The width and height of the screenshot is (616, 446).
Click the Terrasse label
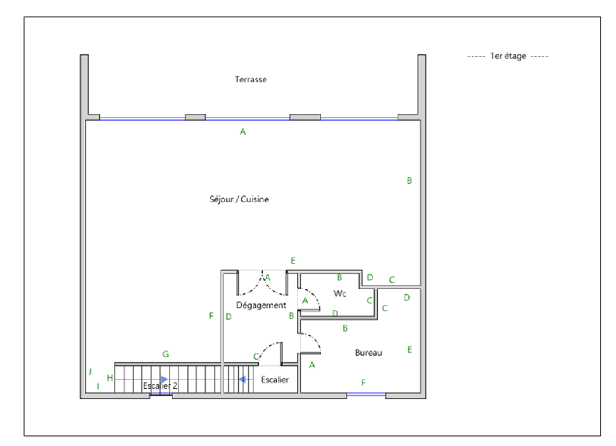251,79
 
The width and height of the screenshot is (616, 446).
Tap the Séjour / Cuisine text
239,199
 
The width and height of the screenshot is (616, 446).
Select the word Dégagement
261,305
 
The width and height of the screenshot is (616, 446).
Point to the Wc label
340,293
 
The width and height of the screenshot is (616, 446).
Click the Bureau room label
368,353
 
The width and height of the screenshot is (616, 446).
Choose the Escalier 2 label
160,385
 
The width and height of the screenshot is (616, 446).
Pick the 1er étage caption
508,56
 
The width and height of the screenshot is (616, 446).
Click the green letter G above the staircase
166,354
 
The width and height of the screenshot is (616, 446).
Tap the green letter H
110,378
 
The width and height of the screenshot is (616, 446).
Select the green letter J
90,372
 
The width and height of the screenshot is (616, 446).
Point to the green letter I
98,386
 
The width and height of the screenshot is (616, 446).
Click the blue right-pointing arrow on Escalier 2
164,379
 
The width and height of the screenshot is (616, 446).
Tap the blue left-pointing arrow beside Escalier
242,379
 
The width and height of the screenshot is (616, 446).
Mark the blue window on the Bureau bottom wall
366,395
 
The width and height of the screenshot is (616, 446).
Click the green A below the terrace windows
243,132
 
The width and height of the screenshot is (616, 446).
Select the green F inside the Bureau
363,382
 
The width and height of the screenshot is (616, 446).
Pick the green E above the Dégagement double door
293,261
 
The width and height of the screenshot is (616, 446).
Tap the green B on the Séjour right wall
410,181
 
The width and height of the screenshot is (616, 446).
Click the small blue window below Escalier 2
161,395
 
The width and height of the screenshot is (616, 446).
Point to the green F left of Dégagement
211,316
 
